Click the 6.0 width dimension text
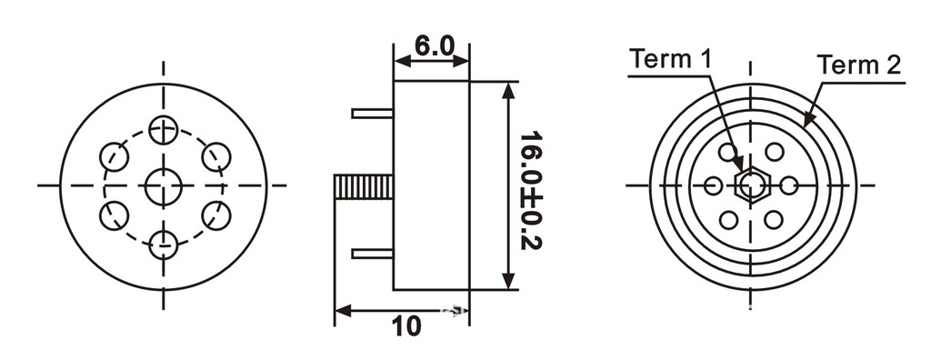click(x=434, y=45)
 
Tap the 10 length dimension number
click(x=406, y=325)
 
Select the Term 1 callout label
click(x=670, y=59)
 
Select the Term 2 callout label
click(x=859, y=65)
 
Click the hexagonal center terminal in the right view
click(x=752, y=185)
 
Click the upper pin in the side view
click(x=372, y=113)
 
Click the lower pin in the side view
click(x=372, y=254)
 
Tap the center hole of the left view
click(x=164, y=186)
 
